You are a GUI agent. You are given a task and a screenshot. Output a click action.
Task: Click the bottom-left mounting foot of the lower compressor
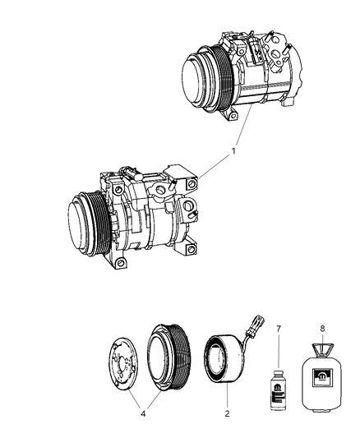point(121,264)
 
